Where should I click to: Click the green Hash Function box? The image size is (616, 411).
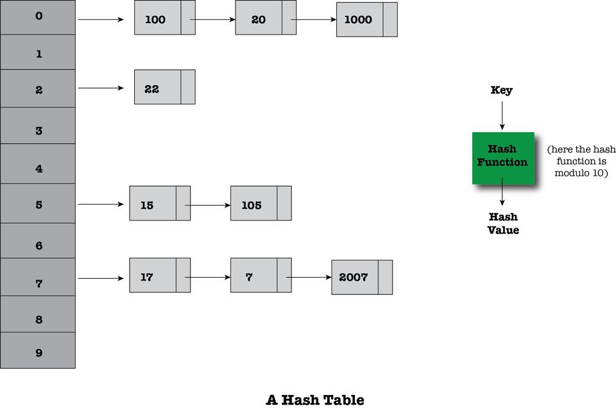(503, 158)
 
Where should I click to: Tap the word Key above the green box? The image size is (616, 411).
(501, 90)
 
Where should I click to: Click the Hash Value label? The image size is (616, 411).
(503, 223)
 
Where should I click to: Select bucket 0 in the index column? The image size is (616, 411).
(38, 16)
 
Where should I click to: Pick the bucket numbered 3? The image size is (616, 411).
(38, 130)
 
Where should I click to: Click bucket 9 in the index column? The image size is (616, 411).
(38, 351)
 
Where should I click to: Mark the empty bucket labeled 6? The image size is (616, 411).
(38, 245)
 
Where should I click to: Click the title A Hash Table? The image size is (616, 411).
(314, 400)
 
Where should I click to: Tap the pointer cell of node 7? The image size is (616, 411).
(284, 275)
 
